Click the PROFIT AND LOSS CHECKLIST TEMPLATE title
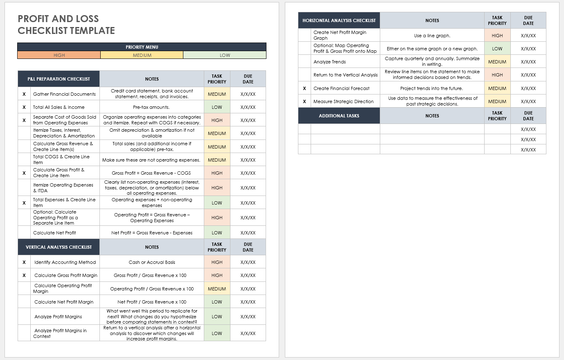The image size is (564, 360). [66, 25]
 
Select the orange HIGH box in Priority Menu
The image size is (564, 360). [59, 55]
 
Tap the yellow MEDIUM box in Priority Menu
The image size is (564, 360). [142, 55]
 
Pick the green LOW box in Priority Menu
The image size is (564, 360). [225, 55]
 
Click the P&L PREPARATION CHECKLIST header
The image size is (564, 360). [59, 79]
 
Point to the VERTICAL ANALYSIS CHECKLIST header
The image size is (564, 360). [59, 247]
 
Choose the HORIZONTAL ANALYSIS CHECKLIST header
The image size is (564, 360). [339, 20]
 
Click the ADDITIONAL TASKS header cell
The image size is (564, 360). [339, 116]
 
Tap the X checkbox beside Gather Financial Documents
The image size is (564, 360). [24, 94]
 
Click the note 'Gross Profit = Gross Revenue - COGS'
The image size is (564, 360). [151, 173]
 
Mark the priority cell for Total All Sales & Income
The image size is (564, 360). [217, 107]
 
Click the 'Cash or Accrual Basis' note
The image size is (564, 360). [152, 262]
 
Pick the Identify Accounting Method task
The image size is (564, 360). [65, 262]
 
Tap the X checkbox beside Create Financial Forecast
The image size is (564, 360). [305, 88]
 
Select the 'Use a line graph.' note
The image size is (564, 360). [432, 36]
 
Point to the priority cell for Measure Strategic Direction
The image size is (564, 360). [497, 101]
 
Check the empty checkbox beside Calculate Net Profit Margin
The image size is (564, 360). [24, 302]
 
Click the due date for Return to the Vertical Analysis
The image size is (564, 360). [528, 75]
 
